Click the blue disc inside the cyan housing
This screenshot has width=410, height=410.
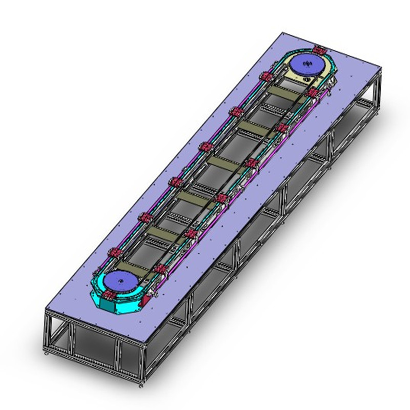(x=119, y=283)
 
